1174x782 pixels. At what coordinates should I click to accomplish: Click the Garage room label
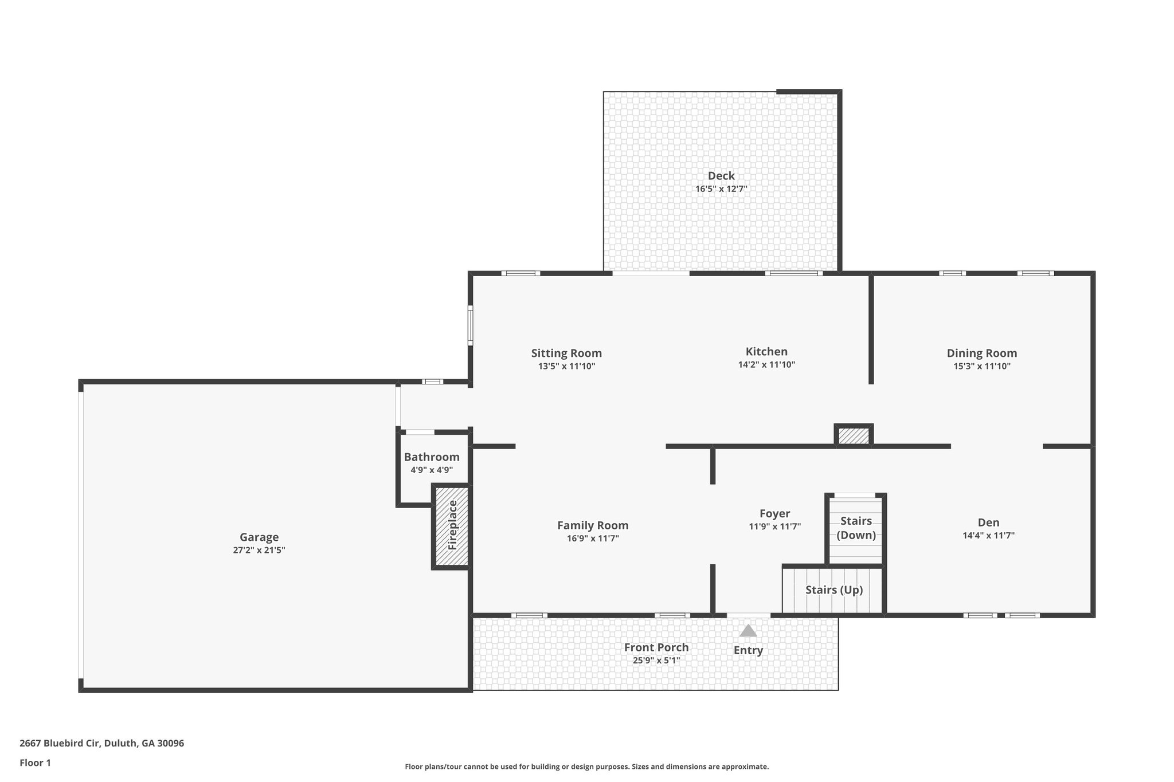pyautogui.click(x=259, y=537)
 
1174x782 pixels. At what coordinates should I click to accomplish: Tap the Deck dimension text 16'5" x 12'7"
pyautogui.click(x=721, y=189)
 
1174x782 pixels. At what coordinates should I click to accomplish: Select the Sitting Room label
pyautogui.click(x=566, y=353)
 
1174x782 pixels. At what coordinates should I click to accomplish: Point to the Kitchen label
pyautogui.click(x=766, y=351)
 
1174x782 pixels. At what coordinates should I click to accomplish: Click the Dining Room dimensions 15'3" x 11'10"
pyautogui.click(x=981, y=366)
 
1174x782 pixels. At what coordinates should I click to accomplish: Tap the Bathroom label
pyautogui.click(x=432, y=457)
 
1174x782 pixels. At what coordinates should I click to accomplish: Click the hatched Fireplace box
pyautogui.click(x=452, y=526)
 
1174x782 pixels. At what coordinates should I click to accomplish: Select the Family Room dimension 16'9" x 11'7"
pyautogui.click(x=593, y=539)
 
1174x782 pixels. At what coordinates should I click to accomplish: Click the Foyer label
pyautogui.click(x=774, y=513)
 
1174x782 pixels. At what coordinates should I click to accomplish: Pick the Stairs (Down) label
pyautogui.click(x=856, y=528)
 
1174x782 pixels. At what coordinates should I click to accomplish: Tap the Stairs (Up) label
pyautogui.click(x=833, y=590)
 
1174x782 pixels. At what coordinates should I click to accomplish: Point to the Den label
pyautogui.click(x=988, y=522)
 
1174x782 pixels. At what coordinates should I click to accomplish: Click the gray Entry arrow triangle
pyautogui.click(x=748, y=631)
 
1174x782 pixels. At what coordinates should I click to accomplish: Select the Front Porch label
pyautogui.click(x=656, y=647)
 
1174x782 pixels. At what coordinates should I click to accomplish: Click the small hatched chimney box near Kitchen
pyautogui.click(x=854, y=436)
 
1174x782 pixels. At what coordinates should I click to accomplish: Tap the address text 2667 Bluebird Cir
pyautogui.click(x=101, y=743)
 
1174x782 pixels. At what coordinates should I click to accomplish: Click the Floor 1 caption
pyautogui.click(x=35, y=763)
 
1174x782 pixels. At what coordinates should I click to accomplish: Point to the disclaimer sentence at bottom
pyautogui.click(x=586, y=767)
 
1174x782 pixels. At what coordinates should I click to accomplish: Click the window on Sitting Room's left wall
pyautogui.click(x=471, y=325)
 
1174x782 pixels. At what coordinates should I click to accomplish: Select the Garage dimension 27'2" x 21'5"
pyautogui.click(x=259, y=550)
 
